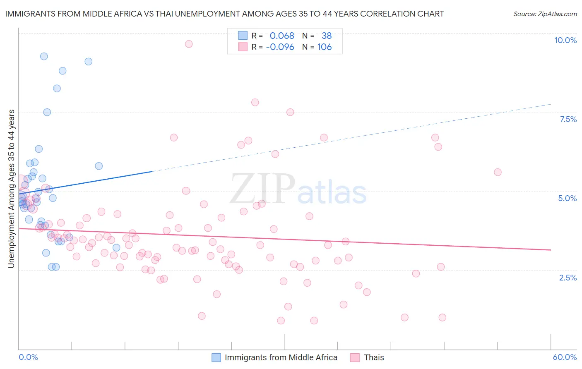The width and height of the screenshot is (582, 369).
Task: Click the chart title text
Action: tap(224, 14)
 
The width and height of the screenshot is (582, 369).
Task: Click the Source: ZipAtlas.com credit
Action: tap(545, 14)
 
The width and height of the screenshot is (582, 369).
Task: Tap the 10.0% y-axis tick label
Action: tap(565, 40)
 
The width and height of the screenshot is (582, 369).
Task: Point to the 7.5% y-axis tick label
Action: tap(568, 119)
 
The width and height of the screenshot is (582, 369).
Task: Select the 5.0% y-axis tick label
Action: tap(567, 198)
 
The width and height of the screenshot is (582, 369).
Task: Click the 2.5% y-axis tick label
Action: tap(568, 278)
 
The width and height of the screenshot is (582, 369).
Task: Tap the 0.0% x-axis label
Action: tap(28, 357)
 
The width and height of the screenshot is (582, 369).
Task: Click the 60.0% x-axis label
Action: tap(564, 357)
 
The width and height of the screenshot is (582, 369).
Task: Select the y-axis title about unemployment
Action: tap(12, 189)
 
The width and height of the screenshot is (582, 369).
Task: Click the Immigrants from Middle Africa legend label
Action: tap(281, 357)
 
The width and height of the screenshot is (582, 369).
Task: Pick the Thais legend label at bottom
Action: tap(374, 357)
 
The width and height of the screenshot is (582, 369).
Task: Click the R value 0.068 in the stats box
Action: tap(281, 36)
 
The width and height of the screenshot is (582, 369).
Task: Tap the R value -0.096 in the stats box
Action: tap(280, 47)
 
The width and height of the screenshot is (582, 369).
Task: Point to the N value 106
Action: tap(325, 47)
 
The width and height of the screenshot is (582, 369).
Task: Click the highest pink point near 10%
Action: tap(189, 44)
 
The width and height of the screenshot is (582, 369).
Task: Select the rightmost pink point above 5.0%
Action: tap(498, 172)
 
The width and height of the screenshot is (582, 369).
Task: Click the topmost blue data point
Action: tap(44, 56)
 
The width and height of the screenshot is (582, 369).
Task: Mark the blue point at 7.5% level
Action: tap(47, 112)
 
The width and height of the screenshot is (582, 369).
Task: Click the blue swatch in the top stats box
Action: tap(243, 36)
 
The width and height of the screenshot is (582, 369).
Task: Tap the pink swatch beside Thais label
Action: tap(355, 357)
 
